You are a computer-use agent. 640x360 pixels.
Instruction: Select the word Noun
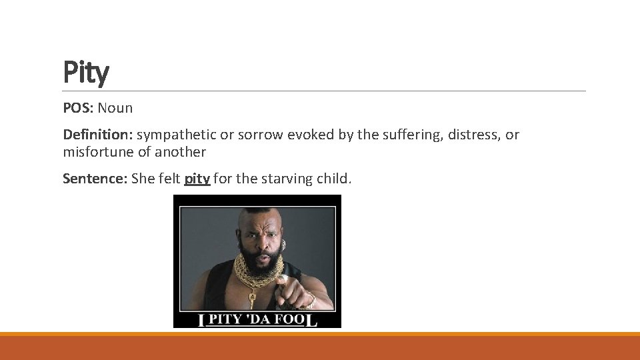(x=115, y=108)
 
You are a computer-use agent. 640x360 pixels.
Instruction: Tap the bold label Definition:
(x=98, y=135)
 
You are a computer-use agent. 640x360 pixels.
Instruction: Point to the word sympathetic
(x=177, y=135)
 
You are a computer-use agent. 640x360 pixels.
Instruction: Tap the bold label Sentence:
(x=95, y=179)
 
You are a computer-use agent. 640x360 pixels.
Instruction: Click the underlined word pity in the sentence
(x=197, y=179)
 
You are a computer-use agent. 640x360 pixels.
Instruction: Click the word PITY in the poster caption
(x=227, y=320)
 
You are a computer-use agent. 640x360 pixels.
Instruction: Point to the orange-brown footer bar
(x=320, y=347)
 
